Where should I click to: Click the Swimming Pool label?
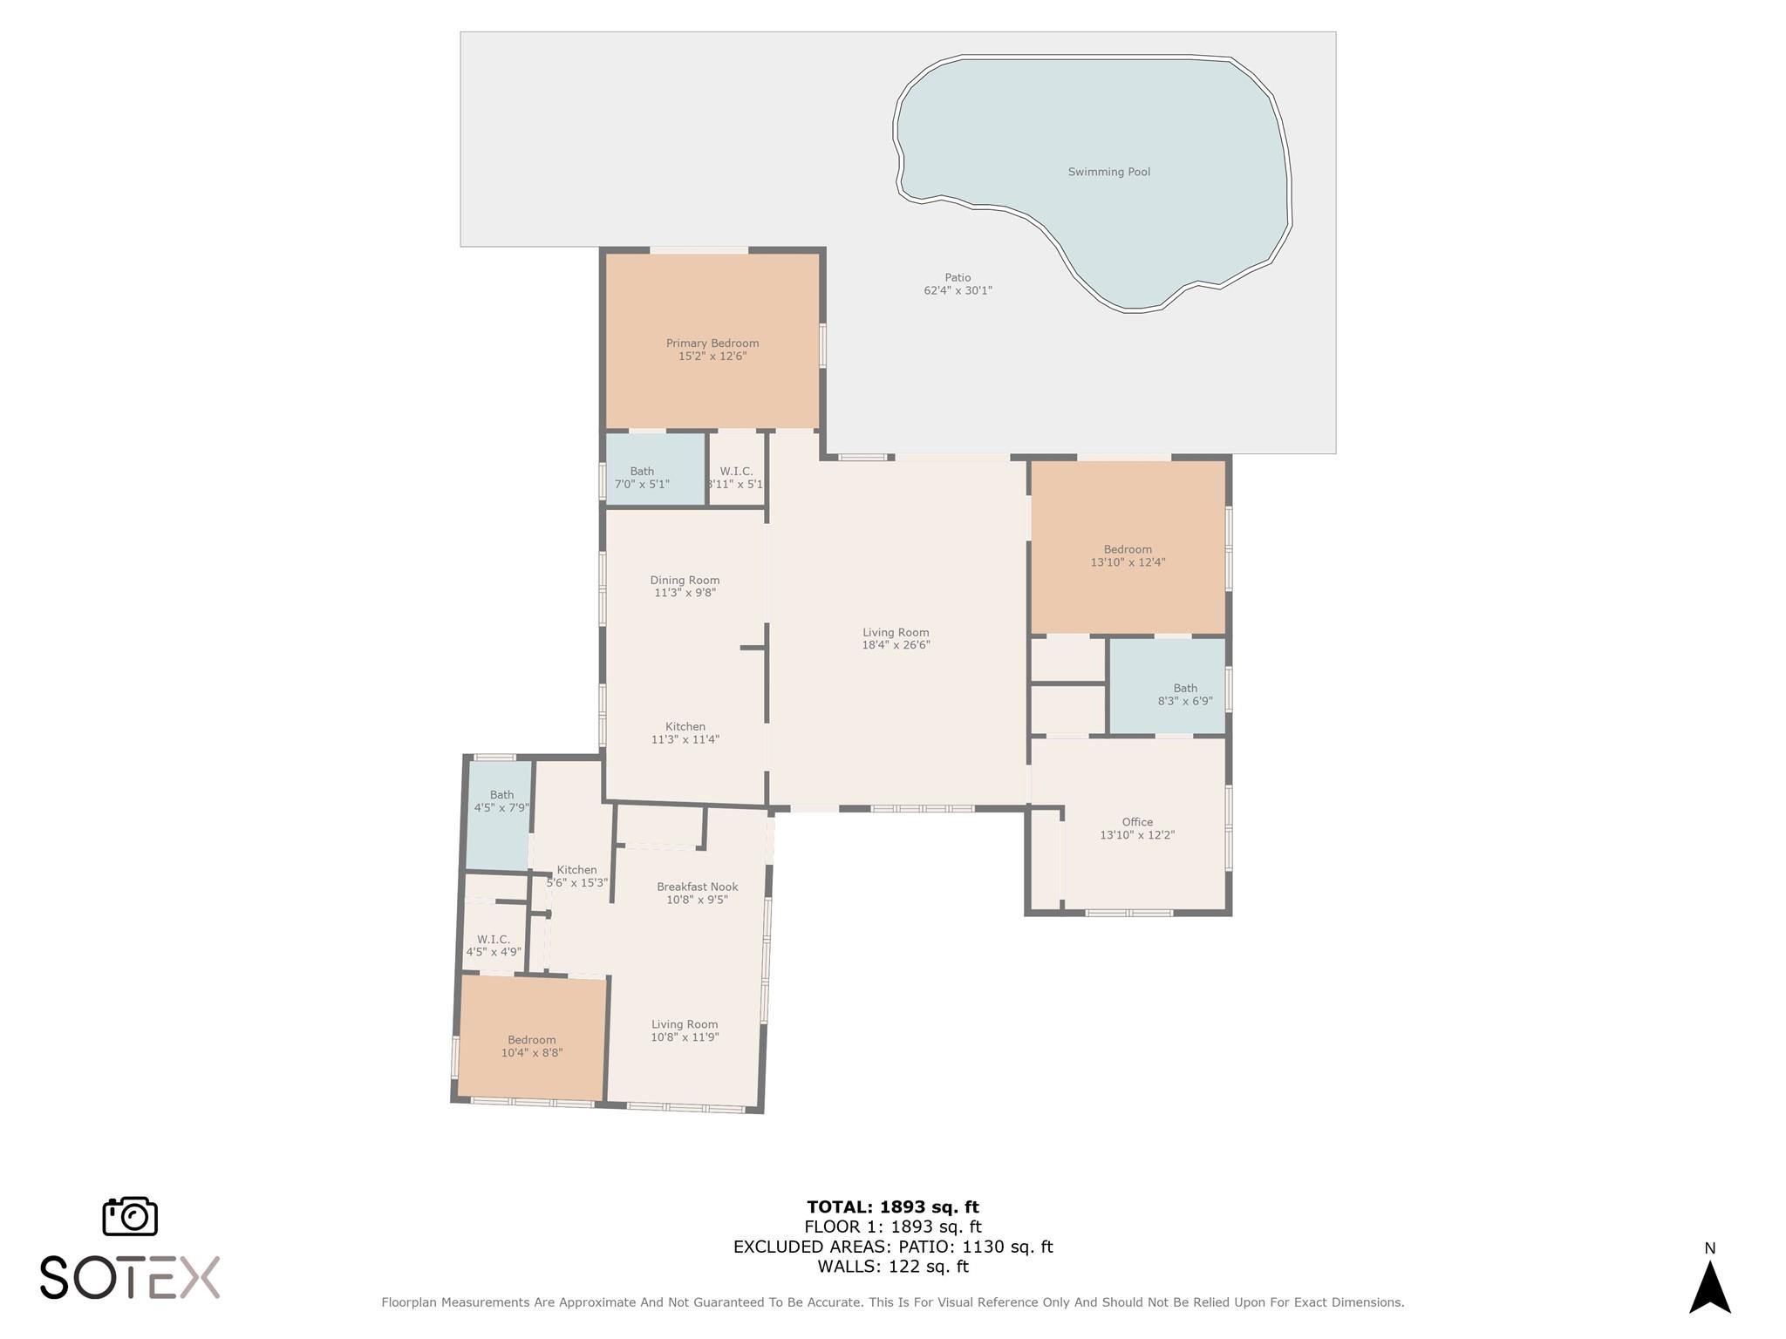(x=1108, y=172)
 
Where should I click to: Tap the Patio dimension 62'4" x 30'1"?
(x=958, y=290)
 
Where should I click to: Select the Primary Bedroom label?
(x=712, y=343)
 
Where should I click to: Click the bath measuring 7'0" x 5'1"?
(x=642, y=478)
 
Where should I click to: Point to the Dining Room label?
(x=685, y=580)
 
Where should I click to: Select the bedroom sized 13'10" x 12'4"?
(x=1128, y=555)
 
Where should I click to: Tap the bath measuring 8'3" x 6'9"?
(x=1184, y=694)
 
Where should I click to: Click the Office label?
(x=1137, y=822)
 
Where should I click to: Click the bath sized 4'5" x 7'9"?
(x=501, y=801)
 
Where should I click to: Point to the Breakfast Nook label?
(x=697, y=887)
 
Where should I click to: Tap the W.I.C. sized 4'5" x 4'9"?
(x=494, y=946)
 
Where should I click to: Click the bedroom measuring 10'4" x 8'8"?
(x=531, y=1046)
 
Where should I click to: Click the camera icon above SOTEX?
(x=130, y=1216)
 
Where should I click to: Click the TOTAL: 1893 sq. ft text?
(x=892, y=1207)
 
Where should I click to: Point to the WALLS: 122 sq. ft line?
(x=892, y=1267)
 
